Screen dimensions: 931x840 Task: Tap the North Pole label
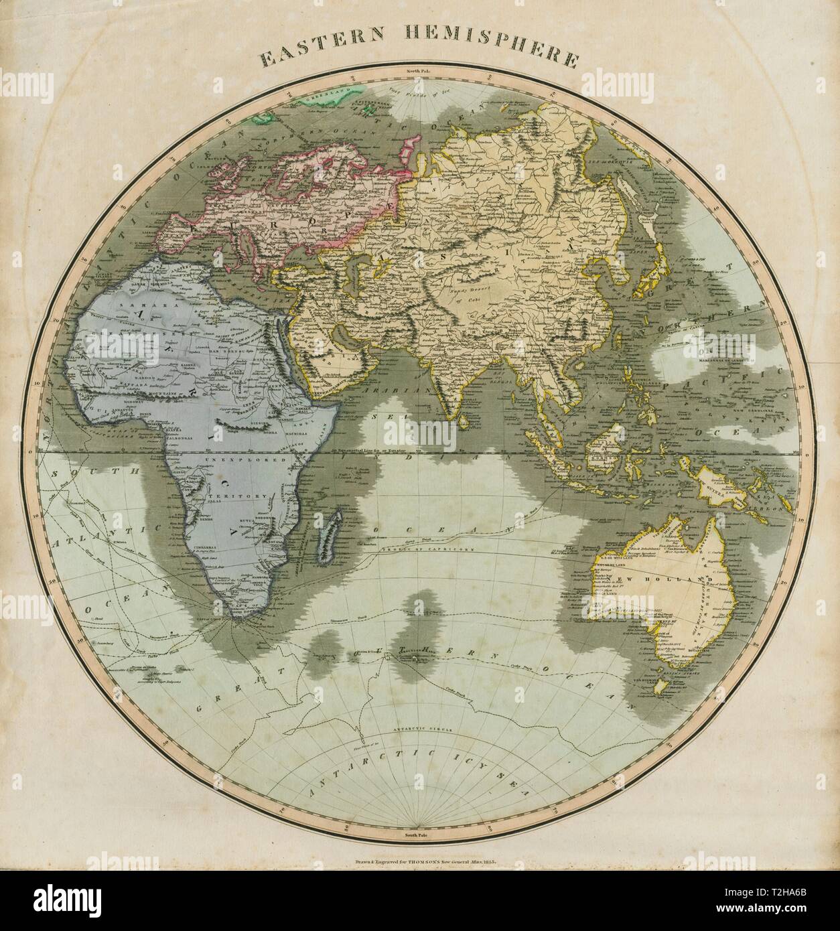[419, 70]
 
